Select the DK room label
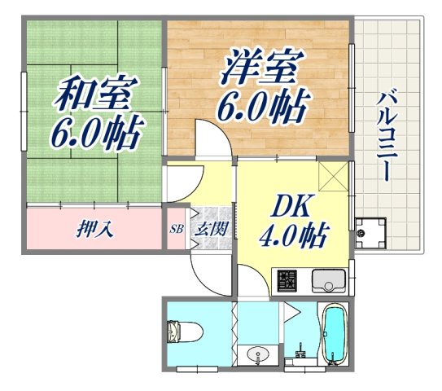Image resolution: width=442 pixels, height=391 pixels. (x=291, y=206)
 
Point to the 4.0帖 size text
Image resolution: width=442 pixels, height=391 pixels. (x=293, y=237)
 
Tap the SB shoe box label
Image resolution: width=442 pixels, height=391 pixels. (x=176, y=229)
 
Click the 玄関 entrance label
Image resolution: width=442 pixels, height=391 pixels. (x=210, y=229)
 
